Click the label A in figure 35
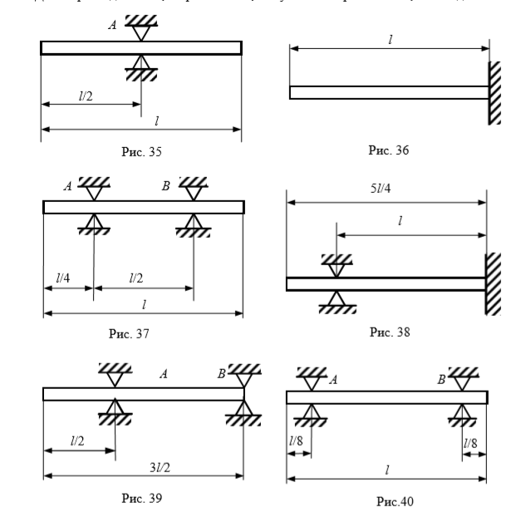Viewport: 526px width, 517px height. click(x=112, y=26)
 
